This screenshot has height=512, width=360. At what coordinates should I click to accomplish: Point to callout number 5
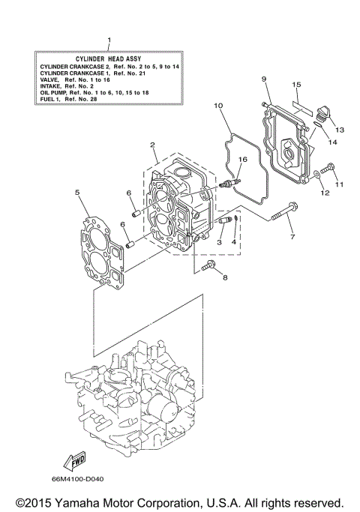pos(77,193)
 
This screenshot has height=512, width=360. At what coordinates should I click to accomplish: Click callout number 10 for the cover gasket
pos(218,106)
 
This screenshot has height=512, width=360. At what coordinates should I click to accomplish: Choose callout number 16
pos(241,160)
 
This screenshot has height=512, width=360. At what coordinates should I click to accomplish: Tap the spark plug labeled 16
pos(229,181)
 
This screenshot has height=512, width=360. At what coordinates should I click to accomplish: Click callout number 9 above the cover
pos(264,79)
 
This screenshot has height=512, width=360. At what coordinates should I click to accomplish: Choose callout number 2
pos(152,145)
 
